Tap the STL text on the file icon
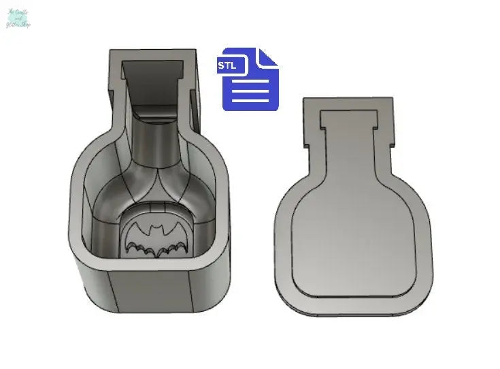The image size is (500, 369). [228, 66]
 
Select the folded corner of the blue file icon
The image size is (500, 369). [269, 57]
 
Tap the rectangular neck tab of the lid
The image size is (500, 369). [348, 116]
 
